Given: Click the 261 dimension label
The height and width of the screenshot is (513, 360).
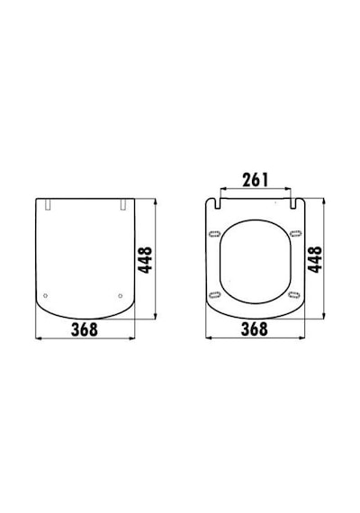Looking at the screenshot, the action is [255, 180].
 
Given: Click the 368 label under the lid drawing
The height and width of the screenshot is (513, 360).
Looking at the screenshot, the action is [85, 329].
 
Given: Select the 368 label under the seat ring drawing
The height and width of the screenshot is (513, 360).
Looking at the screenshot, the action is [255, 329].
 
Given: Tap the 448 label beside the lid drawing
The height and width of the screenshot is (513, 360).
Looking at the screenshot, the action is [145, 260].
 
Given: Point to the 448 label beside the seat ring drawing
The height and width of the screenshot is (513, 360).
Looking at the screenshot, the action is [315, 259].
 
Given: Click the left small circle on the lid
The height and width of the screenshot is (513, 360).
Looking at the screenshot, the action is [46, 296].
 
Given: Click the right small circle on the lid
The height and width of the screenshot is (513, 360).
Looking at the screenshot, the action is [120, 296].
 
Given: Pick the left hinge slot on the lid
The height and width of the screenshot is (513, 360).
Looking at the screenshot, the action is [48, 204].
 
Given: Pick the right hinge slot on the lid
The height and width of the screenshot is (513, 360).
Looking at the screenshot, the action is [123, 204].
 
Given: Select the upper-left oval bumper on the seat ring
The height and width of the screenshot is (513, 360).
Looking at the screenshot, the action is [215, 234].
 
